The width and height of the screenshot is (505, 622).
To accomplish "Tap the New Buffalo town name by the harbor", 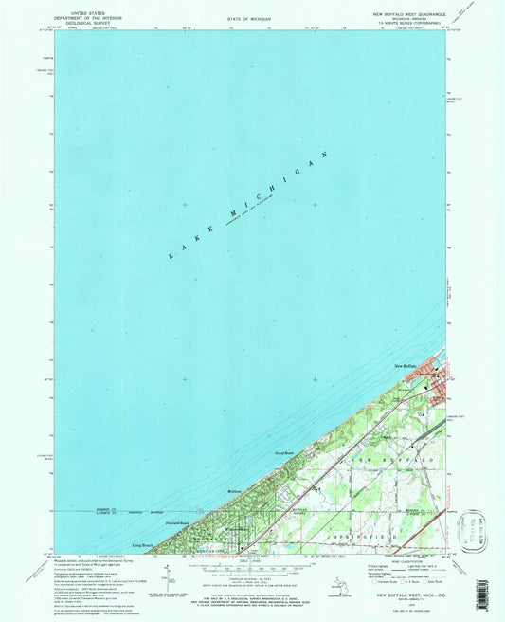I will pos(405,364).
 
